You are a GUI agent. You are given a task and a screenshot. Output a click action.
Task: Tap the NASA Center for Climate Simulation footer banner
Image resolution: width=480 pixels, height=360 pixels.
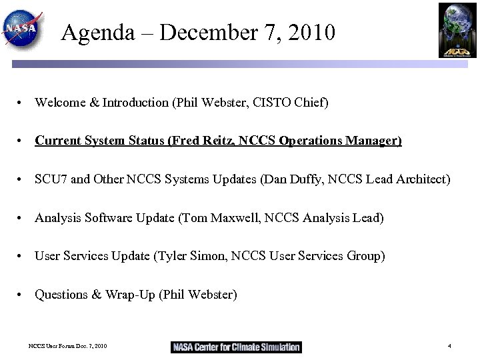(x=237, y=347)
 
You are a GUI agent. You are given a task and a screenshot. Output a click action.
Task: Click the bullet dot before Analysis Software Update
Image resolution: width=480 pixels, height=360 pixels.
(x=22, y=219)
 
